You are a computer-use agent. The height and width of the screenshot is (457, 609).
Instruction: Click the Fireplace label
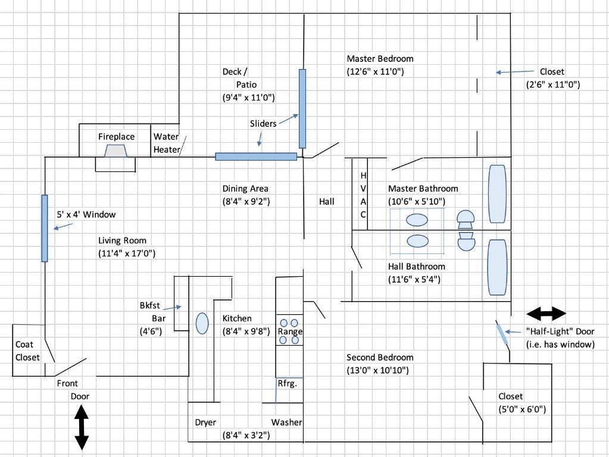116,137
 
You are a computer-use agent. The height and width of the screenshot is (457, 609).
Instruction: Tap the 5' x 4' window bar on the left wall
45,228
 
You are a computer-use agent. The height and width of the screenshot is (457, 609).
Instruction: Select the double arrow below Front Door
81,427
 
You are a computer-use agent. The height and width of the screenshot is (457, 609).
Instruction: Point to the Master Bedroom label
380,59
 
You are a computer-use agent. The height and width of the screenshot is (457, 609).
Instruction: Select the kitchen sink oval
202,323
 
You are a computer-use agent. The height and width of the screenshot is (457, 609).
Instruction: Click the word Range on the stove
291,331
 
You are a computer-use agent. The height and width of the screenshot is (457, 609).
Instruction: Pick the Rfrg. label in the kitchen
287,384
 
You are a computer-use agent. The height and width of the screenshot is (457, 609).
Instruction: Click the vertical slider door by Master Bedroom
302,108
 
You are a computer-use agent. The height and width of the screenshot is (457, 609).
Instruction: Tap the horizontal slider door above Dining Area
256,156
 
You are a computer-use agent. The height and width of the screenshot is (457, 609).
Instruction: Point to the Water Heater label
166,143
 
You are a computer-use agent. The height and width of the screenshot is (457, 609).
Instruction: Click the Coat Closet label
27,351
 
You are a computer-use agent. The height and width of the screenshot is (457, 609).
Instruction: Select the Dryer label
205,422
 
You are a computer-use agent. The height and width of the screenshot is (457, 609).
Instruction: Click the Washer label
287,422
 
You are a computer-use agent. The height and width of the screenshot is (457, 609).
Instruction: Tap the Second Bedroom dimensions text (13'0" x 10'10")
380,370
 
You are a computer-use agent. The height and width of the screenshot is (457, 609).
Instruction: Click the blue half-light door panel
502,333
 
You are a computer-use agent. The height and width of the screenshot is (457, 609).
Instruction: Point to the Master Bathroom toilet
465,219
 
